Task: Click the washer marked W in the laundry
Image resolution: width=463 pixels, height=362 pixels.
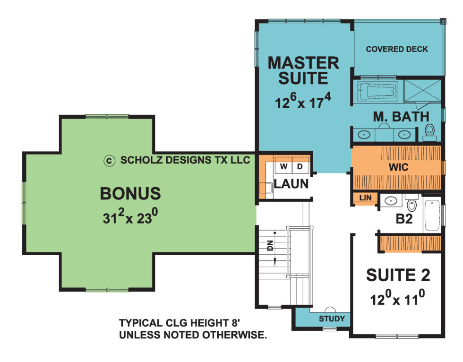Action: (x=284, y=167)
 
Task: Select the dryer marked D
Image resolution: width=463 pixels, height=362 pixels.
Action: (x=300, y=167)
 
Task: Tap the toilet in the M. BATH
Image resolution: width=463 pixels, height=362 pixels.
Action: (x=429, y=130)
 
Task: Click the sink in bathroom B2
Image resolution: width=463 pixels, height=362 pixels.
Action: (x=391, y=201)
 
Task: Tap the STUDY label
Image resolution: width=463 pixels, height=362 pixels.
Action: (x=332, y=318)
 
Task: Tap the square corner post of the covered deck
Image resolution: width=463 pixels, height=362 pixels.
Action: (x=443, y=21)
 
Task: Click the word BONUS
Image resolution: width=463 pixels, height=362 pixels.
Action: (x=130, y=194)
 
